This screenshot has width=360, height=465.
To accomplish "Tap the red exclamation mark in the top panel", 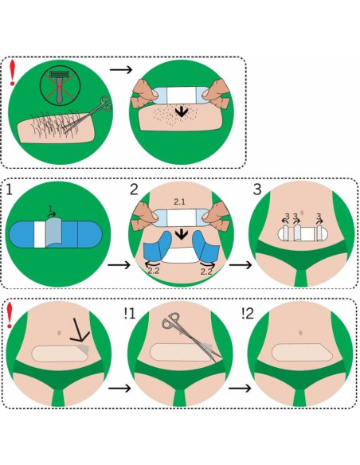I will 10,76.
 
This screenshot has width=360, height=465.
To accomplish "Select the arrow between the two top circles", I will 120,70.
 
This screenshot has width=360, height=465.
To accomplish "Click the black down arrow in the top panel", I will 182,112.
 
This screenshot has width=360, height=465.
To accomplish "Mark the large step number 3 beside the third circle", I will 256,191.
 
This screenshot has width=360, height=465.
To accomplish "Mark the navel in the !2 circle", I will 301,331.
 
